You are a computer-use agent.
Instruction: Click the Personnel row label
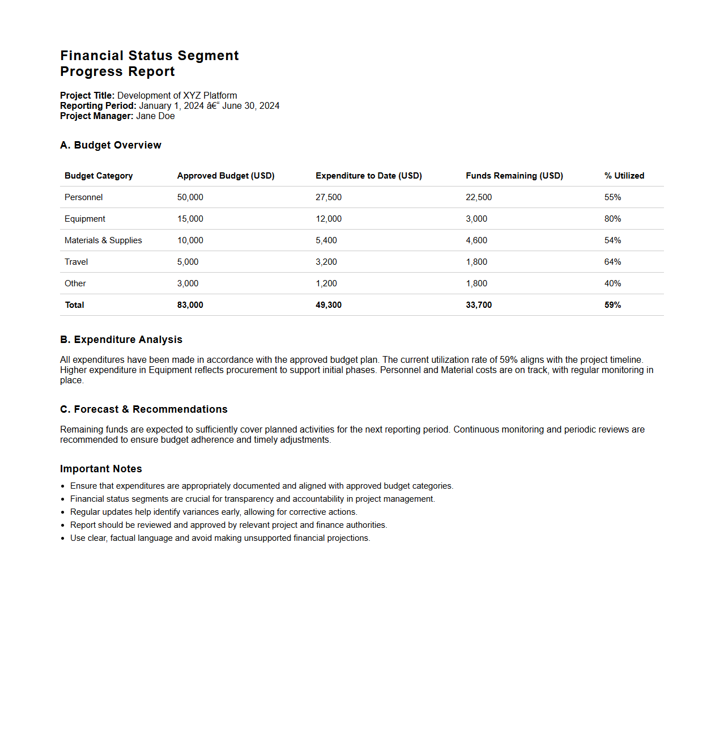pyautogui.click(x=84, y=197)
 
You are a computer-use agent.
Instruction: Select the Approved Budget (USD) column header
pyautogui.click(x=225, y=176)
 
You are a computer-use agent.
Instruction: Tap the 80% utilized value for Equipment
pyautogui.click(x=612, y=219)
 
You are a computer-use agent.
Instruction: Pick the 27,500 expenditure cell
pyautogui.click(x=329, y=197)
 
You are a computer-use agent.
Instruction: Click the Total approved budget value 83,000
pyautogui.click(x=190, y=305)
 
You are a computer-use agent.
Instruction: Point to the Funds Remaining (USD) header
pyautogui.click(x=514, y=176)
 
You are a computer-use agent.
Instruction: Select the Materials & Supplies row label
pyautogui.click(x=103, y=240)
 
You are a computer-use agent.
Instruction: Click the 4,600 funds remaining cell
pyautogui.click(x=476, y=240)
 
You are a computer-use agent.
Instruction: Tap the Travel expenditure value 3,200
pyautogui.click(x=326, y=262)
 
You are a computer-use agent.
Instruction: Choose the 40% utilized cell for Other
pyautogui.click(x=612, y=283)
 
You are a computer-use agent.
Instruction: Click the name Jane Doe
pyautogui.click(x=155, y=116)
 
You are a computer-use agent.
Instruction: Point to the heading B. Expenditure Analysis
pyautogui.click(x=121, y=340)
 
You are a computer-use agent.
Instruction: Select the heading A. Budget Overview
pyautogui.click(x=110, y=145)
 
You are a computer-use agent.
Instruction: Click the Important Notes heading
pyautogui.click(x=101, y=469)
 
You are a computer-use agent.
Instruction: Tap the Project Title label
pyautogui.click(x=87, y=96)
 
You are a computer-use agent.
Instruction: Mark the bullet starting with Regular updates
pyautogui.click(x=214, y=512)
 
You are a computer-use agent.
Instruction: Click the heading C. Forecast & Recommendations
pyautogui.click(x=144, y=409)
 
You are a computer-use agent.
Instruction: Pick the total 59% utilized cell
pyautogui.click(x=612, y=305)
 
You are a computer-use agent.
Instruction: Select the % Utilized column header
pyautogui.click(x=624, y=176)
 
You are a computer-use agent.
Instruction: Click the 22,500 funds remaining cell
pyautogui.click(x=479, y=197)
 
